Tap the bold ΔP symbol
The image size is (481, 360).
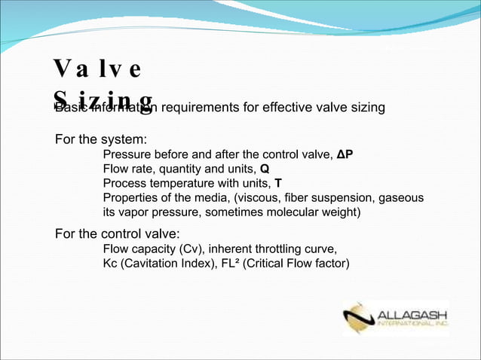click(x=345, y=155)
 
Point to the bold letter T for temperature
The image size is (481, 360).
click(x=278, y=184)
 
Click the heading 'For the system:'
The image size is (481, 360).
click(x=100, y=140)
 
